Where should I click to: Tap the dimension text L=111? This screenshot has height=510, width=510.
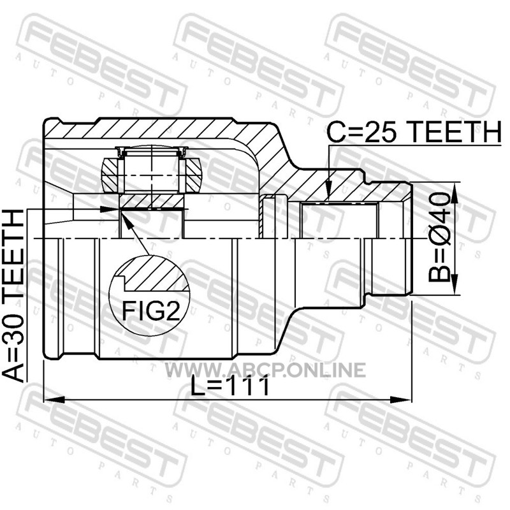230,386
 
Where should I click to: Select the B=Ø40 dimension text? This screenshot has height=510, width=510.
439,237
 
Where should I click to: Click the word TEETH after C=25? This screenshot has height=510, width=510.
455,132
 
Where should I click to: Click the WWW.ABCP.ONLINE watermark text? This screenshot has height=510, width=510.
265,370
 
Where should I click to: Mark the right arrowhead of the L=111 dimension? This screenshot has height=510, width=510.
401,400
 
